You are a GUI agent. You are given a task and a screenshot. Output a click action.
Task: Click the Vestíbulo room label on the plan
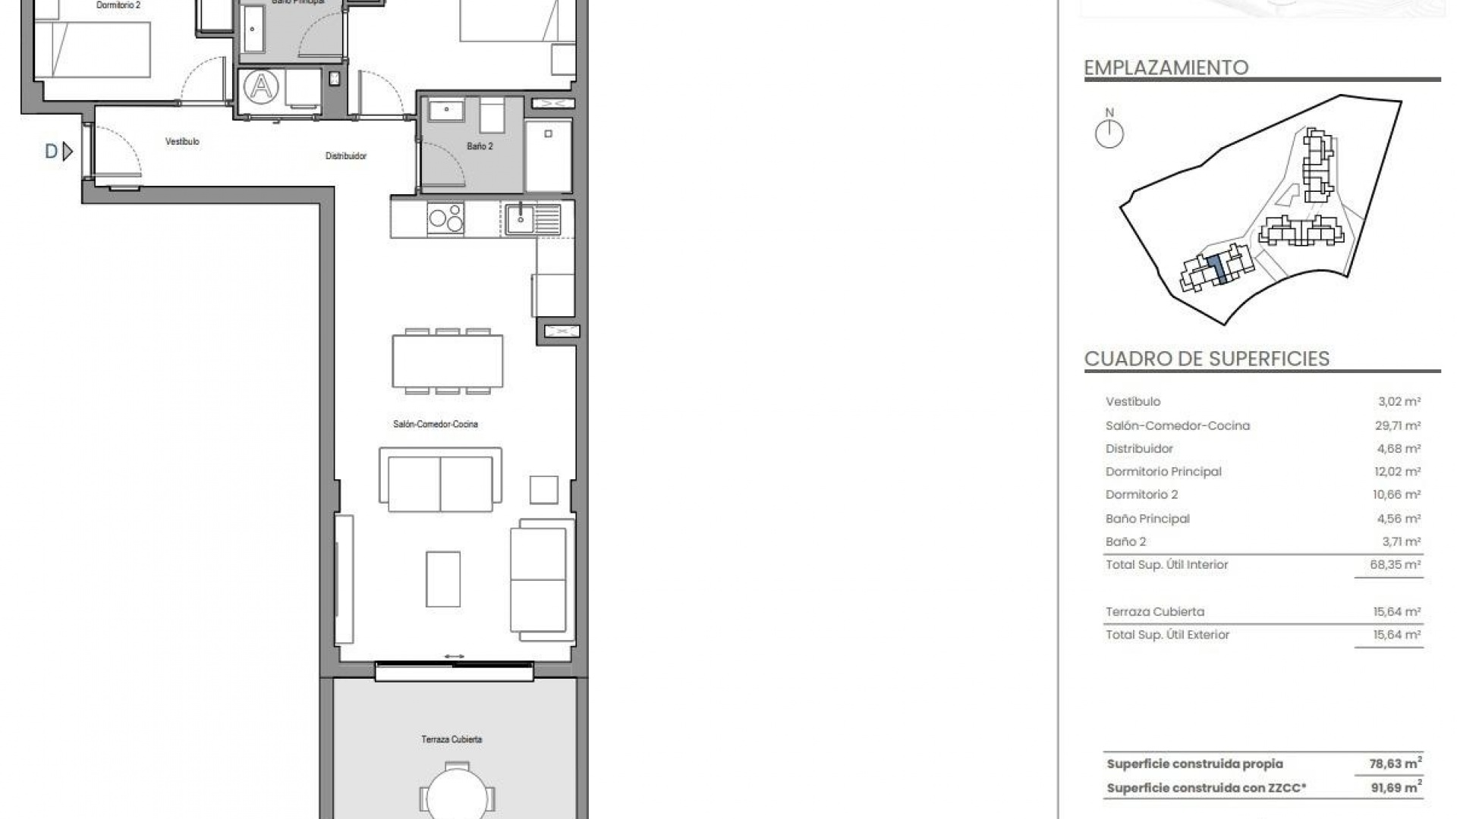point(182,142)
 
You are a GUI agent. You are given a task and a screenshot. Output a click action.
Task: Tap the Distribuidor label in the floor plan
point(346,156)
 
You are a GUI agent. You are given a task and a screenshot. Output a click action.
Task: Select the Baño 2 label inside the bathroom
point(480,146)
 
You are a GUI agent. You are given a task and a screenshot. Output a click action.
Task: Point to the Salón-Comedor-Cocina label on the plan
point(436,425)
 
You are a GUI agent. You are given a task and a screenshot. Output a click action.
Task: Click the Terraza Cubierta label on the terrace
point(452,739)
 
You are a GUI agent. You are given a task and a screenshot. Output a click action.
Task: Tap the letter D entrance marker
point(52,152)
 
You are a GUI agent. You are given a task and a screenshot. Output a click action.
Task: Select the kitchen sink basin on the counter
point(521,219)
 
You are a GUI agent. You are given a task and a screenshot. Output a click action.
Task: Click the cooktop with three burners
point(445,218)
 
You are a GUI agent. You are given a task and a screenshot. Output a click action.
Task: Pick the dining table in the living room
point(447,361)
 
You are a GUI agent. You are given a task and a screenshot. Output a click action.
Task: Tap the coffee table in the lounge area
point(443,579)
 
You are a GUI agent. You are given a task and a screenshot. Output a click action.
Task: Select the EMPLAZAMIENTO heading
point(1166,68)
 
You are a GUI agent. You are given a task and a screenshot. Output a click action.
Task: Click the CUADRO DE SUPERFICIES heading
point(1207,359)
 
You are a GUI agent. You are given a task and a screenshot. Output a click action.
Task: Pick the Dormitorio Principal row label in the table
point(1163,472)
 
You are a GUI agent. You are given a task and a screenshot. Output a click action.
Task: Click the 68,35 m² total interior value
point(1397,565)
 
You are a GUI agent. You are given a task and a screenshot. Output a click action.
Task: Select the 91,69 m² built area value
point(1396,787)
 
